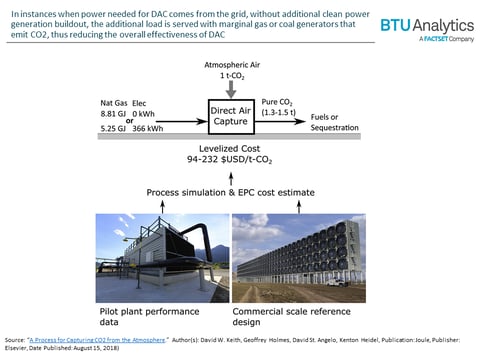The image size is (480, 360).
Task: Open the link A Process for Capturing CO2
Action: click(x=103, y=338)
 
